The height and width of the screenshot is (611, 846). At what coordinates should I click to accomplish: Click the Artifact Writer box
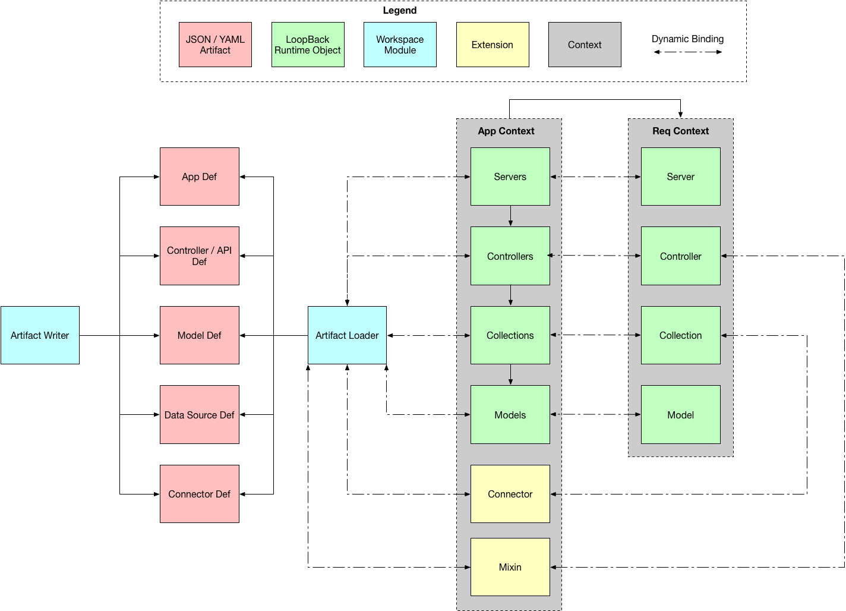point(40,335)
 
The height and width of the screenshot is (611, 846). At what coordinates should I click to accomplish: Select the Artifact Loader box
point(347,335)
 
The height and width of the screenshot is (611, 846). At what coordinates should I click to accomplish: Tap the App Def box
point(199,177)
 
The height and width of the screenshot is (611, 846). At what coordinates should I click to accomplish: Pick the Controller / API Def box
point(199,256)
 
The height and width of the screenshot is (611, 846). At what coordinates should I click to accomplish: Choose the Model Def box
point(199,335)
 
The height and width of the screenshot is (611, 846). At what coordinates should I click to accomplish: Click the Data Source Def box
point(199,414)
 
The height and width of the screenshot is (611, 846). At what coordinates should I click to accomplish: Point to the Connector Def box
point(199,494)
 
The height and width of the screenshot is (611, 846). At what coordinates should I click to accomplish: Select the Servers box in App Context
point(510,177)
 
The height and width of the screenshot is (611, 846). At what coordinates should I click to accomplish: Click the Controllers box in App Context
point(510,256)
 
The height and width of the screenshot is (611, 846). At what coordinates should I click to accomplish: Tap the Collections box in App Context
point(510,335)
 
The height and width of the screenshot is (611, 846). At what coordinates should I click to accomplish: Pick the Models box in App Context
point(510,414)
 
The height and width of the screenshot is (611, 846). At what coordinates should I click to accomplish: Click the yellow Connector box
point(510,494)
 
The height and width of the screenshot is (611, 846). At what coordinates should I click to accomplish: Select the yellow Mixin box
point(510,567)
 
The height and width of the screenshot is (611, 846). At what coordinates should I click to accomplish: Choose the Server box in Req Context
point(680,177)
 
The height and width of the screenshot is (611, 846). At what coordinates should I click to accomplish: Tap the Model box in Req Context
point(680,414)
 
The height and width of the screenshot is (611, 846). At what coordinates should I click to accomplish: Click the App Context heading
point(506,131)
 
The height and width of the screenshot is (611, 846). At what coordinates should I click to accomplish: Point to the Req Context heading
point(680,131)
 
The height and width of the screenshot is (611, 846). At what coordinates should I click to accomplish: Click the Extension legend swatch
point(493,45)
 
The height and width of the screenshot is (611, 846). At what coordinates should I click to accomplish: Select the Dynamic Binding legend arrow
point(688,52)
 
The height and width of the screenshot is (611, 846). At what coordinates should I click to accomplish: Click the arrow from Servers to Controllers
point(510,216)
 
